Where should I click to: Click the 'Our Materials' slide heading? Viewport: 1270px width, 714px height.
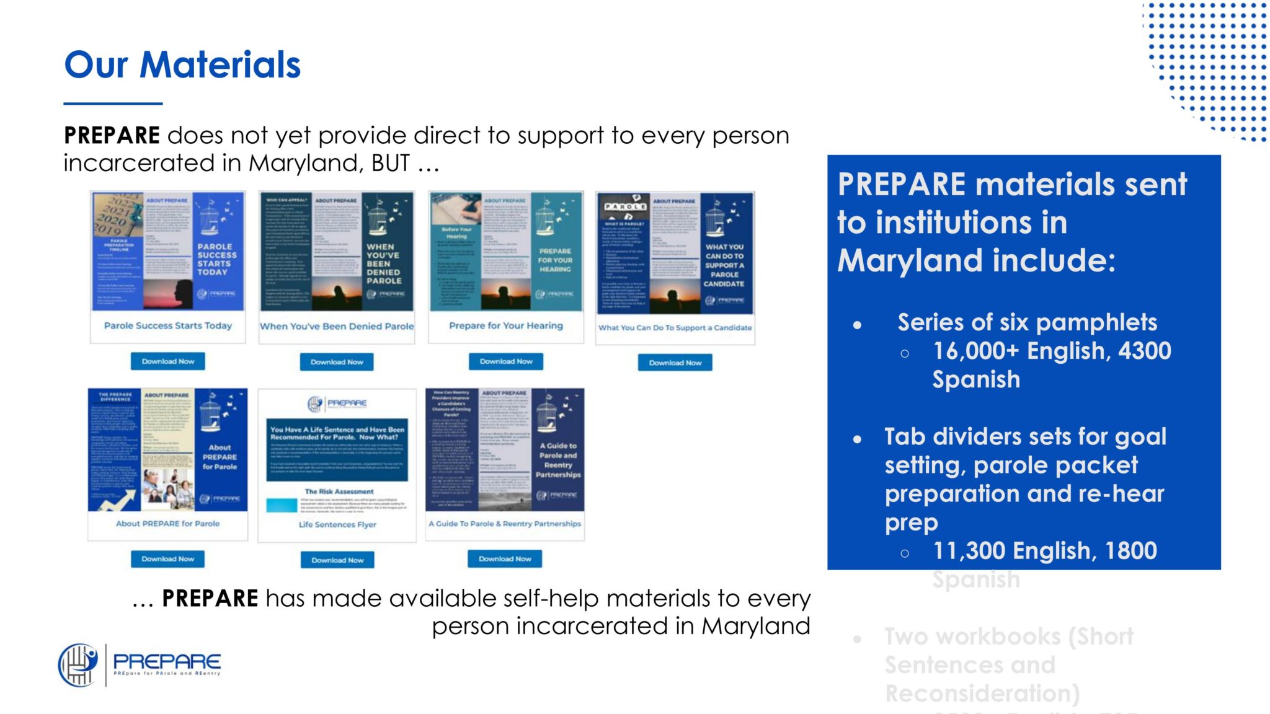point(182,65)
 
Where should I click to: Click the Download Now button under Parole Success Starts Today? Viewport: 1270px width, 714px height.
point(167,361)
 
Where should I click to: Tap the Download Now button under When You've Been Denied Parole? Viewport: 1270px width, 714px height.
point(337,362)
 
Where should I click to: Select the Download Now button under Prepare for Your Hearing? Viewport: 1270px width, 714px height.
point(505,361)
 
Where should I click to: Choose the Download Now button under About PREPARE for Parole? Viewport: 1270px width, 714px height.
point(167,559)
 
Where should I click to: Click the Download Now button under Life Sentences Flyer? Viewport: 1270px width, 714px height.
point(337,560)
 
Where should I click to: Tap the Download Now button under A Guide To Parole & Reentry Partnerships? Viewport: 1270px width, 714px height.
point(505,559)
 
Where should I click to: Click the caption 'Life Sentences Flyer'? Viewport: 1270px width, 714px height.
point(337,524)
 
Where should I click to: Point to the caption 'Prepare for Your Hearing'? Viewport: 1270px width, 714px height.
point(505,325)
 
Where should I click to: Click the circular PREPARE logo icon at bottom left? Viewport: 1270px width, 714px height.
point(78,665)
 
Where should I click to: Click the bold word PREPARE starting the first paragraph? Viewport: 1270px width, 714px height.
point(112,135)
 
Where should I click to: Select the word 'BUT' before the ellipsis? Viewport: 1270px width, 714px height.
point(390,163)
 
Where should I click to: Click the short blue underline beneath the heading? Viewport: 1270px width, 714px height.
point(113,104)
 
